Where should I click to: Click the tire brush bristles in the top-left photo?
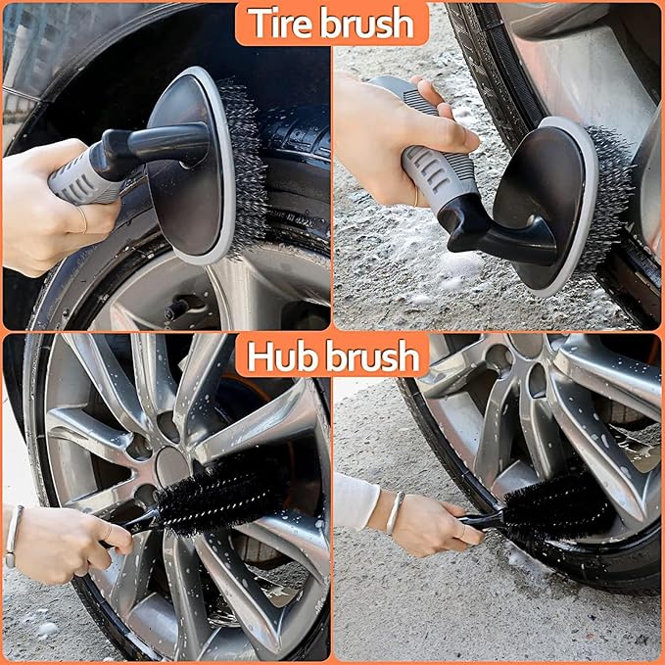[246, 166]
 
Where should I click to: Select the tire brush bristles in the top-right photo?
[611, 196]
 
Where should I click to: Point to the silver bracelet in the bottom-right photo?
[394, 512]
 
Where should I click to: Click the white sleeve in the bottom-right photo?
[355, 499]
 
